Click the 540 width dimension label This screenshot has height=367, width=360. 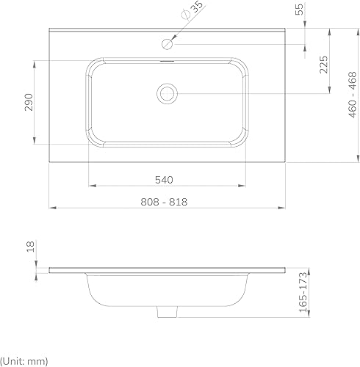pos(164,180)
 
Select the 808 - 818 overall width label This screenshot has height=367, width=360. pos(164,202)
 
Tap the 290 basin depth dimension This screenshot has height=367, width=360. pos(29,102)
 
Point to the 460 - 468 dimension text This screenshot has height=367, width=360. pos(352,95)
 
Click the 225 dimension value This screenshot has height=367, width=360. pos(323,65)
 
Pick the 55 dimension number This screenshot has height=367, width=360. pos(299,10)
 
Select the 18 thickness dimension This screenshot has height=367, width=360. pos(31,247)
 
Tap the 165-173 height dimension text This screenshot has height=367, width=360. pos(303,292)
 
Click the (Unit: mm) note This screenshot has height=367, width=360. pos(24,361)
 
